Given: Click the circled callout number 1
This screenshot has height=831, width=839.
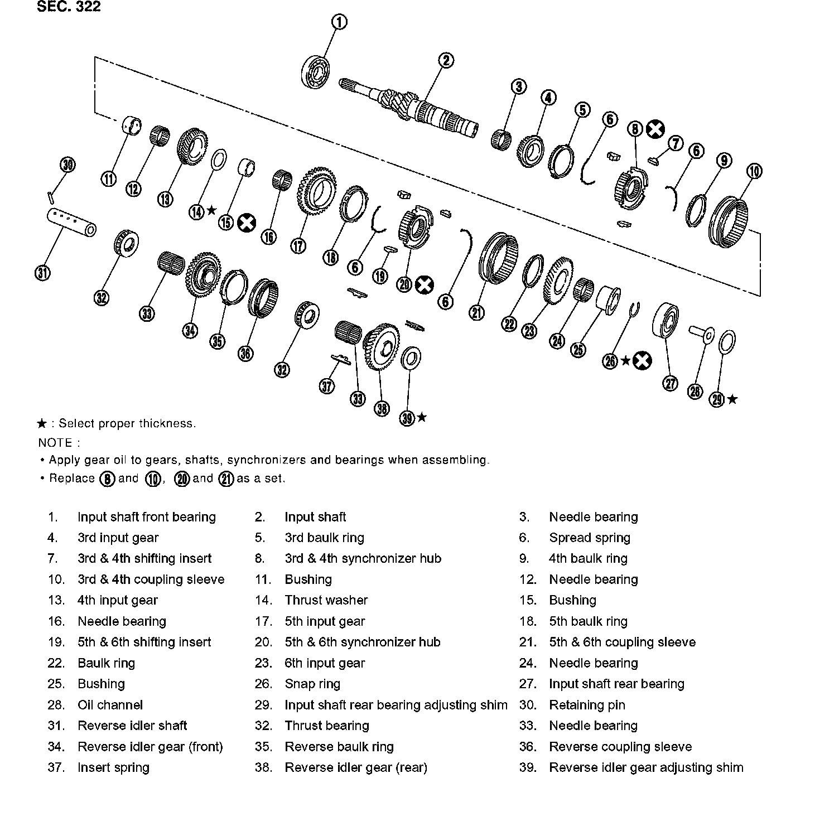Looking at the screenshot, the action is point(340,22).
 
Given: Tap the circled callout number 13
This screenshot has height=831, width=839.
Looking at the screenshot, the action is point(166,199).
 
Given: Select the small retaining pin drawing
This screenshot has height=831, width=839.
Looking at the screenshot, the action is point(51,196).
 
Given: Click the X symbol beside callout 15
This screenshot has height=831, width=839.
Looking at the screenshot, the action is point(246,223).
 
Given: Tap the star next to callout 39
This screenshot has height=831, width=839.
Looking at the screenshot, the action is point(422,417).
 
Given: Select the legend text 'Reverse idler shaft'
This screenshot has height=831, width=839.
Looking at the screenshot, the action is point(132,726).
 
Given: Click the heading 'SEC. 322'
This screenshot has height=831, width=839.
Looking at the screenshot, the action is point(69,7).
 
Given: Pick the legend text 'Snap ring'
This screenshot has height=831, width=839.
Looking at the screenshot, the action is point(312,684).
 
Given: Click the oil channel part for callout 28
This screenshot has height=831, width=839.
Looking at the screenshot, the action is point(701,334).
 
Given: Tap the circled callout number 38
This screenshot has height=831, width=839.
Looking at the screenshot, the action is point(382,409).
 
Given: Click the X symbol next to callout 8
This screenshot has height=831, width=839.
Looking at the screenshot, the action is point(655,129).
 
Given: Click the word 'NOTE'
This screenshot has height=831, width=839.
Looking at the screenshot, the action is point(56,443).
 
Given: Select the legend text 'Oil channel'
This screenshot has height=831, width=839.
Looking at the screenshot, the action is point(110,705).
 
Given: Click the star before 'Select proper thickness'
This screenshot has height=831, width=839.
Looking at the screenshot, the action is point(42,424).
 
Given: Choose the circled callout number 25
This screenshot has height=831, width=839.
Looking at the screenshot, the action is point(578,350).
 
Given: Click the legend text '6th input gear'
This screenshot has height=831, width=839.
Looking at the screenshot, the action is point(325,663).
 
